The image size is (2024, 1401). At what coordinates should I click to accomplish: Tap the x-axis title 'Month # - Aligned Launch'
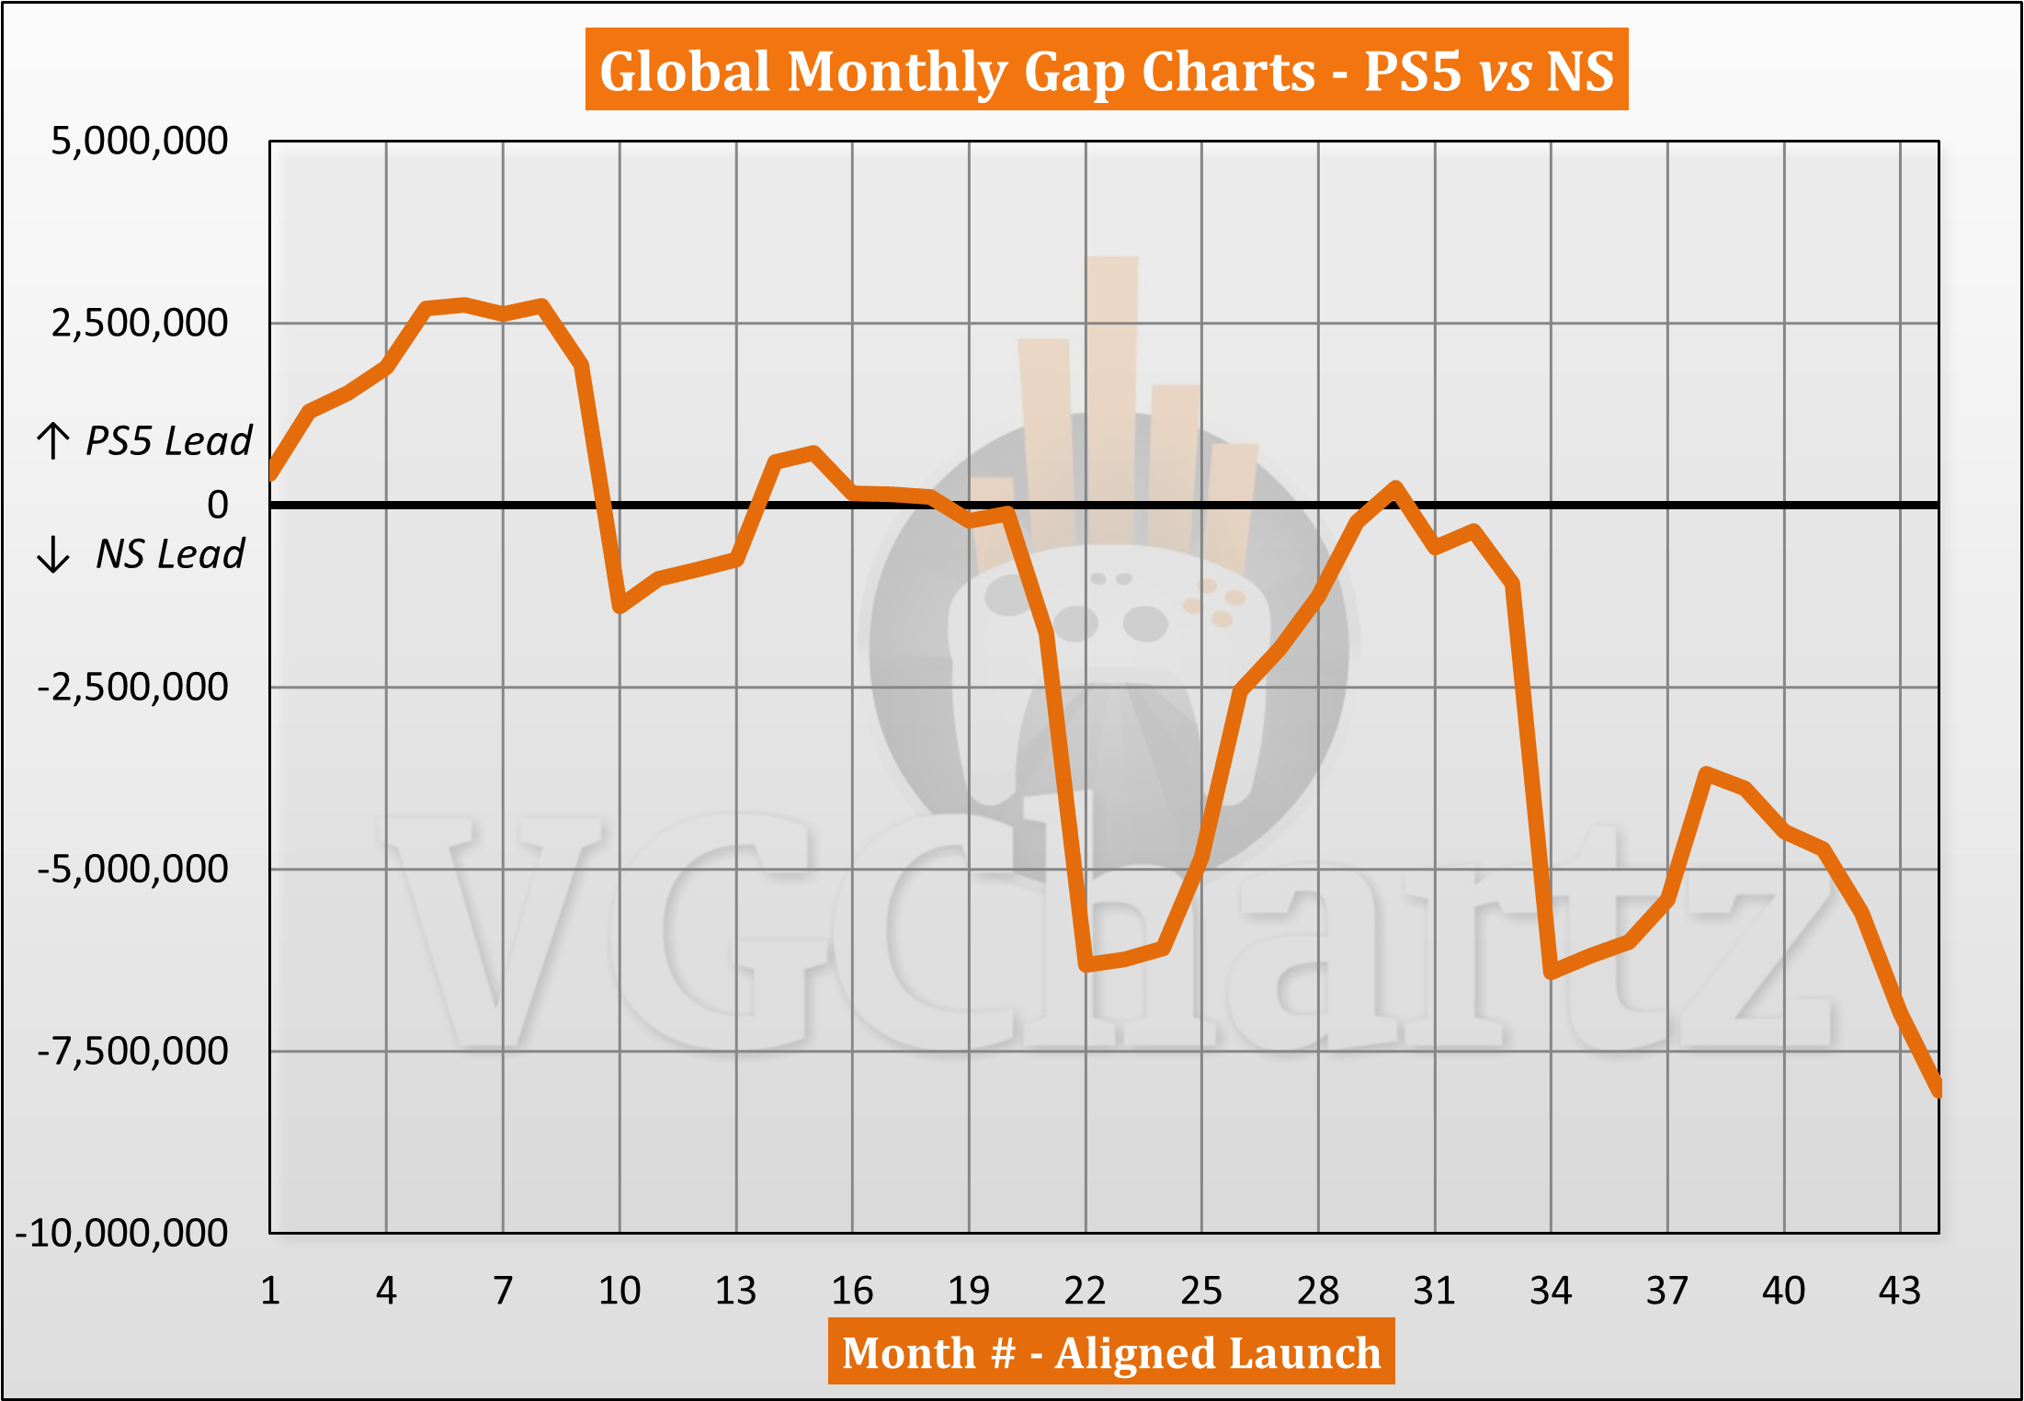(x=1110, y=1352)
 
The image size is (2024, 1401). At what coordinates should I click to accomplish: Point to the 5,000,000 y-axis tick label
(x=139, y=142)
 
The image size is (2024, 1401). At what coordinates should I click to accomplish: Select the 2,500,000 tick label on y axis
(x=139, y=324)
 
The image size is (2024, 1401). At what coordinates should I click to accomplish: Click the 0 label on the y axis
(x=218, y=505)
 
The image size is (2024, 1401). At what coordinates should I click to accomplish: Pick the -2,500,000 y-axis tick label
(x=132, y=687)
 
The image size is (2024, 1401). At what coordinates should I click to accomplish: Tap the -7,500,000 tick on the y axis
(x=132, y=1051)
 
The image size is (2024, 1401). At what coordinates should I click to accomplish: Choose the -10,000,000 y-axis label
(x=122, y=1233)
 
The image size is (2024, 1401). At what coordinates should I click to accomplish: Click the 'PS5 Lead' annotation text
(x=168, y=441)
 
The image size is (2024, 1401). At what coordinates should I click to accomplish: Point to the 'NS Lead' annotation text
(x=170, y=554)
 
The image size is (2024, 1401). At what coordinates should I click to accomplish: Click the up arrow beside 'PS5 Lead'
(x=53, y=440)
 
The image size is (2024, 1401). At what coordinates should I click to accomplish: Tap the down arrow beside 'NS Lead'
(x=53, y=554)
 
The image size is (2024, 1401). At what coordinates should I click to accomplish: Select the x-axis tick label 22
(x=1085, y=1291)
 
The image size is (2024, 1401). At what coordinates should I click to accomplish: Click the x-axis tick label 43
(x=1899, y=1291)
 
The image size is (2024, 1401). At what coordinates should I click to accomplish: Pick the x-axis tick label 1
(x=270, y=1291)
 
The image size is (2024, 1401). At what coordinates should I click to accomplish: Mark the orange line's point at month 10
(x=620, y=607)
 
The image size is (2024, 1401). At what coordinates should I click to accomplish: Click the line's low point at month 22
(x=1086, y=965)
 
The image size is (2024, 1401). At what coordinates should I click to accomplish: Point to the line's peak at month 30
(x=1395, y=487)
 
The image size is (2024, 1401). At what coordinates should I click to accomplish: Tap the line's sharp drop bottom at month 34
(x=1552, y=972)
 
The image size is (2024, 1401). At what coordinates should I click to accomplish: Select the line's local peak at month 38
(x=1706, y=773)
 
